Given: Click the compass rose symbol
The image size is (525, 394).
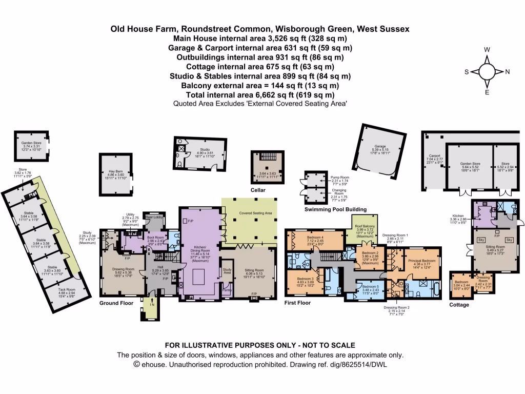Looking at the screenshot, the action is coord(487,71).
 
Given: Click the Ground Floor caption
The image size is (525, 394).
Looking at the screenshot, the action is coord(116,303).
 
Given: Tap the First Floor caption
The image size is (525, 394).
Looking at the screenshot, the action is coord(298,303).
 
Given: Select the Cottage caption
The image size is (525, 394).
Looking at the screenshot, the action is coord(459,305).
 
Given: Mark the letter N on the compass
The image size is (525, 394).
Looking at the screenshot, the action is coord(507,72).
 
